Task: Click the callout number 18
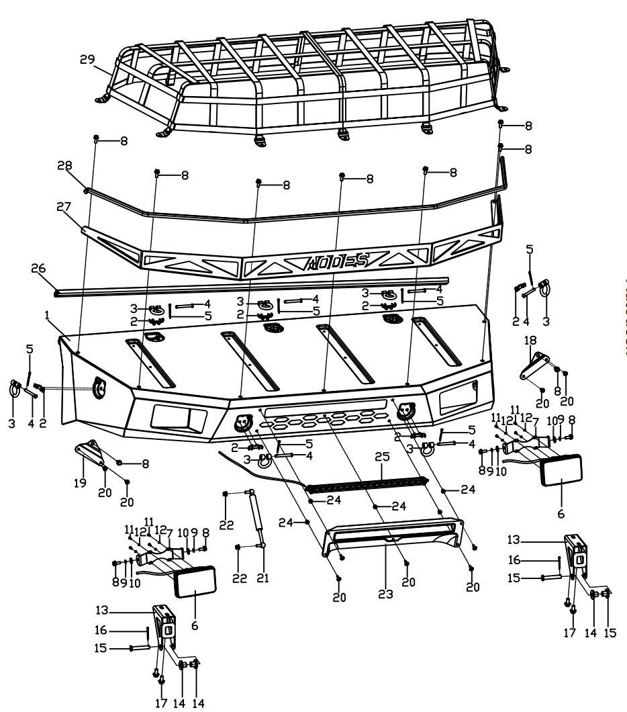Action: (x=529, y=341)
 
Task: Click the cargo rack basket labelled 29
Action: (x=302, y=74)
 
